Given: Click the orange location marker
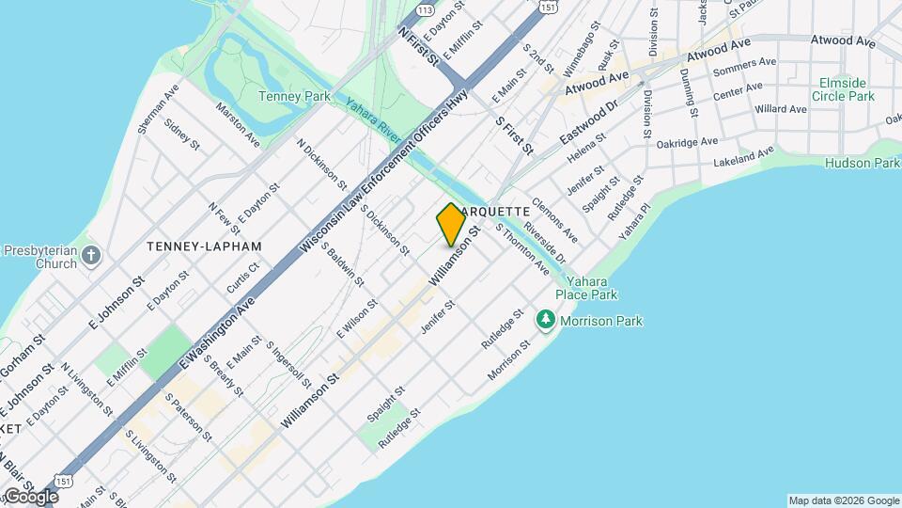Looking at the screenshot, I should (451, 224).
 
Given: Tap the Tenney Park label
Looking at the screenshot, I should (294, 96).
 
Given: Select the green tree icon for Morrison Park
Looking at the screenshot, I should (546, 321).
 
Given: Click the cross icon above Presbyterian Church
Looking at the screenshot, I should (90, 255).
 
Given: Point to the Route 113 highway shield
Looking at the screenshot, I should (425, 9).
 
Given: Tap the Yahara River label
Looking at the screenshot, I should (374, 120).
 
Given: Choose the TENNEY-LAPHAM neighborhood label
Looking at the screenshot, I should (204, 246).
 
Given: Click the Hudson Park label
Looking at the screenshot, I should (862, 163).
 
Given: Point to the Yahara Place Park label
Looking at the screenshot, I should (585, 288).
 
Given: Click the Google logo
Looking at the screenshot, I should (31, 497).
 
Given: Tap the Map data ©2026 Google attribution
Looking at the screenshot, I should (843, 500).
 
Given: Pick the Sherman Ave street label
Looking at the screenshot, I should (157, 110).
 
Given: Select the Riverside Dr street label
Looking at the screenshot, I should (545, 243).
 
